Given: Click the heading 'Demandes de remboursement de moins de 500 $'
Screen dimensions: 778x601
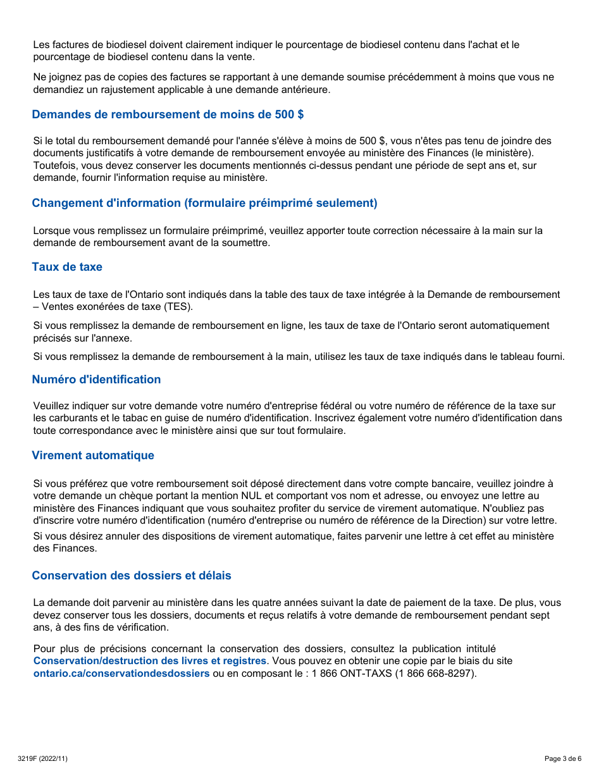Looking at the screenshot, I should [x=168, y=114].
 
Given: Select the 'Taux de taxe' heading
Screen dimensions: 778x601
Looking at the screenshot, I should [x=67, y=267].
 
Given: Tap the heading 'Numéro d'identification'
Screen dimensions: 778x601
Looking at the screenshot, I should [x=96, y=380].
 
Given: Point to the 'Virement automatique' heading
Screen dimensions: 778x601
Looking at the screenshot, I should [x=93, y=455].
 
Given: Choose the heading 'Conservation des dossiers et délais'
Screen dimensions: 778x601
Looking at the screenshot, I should [x=132, y=576].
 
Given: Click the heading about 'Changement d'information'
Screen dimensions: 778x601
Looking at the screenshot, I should [x=204, y=203].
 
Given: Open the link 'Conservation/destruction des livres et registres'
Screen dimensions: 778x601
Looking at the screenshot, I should [x=150, y=661].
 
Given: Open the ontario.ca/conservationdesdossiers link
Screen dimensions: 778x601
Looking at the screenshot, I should [x=121, y=674].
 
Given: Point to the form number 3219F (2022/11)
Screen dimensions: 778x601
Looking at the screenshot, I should [x=43, y=758].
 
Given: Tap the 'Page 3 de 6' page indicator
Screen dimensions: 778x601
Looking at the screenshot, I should [x=562, y=758].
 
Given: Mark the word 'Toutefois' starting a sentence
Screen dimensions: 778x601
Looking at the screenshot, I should [x=54, y=166].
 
